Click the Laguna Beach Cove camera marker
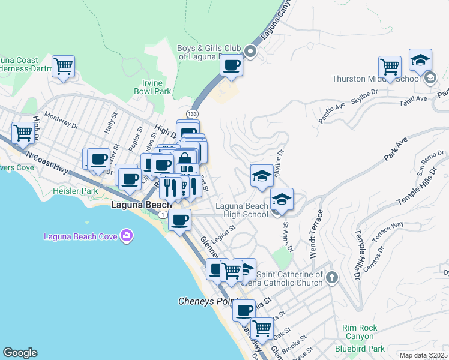click(126, 236)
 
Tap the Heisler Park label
click(76, 191)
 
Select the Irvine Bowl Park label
click(152, 87)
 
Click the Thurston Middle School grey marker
click(430, 79)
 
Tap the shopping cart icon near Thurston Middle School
click(390, 66)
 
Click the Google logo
click(20, 353)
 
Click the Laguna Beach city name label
click(142, 205)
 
